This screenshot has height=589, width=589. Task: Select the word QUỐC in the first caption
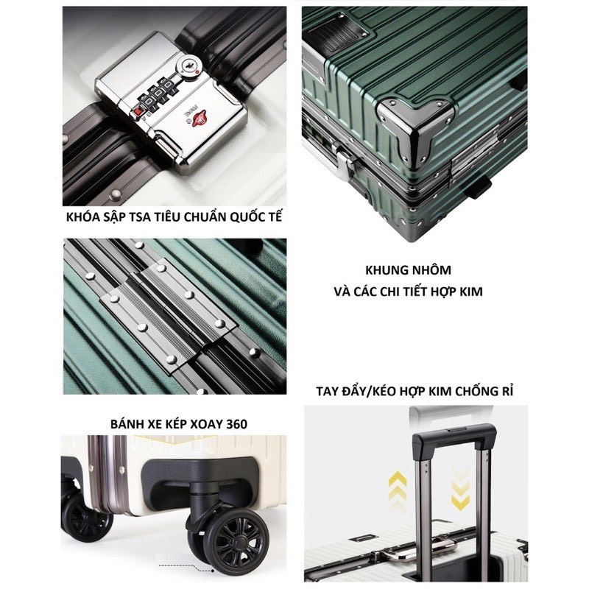coord(244,217)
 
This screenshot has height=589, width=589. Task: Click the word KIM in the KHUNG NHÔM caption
coord(470,292)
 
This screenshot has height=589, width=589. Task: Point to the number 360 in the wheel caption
coord(237,425)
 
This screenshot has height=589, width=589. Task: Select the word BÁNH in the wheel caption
coord(127,424)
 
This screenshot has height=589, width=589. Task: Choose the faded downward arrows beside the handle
coord(460,488)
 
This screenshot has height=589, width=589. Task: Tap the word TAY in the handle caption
coord(326,392)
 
